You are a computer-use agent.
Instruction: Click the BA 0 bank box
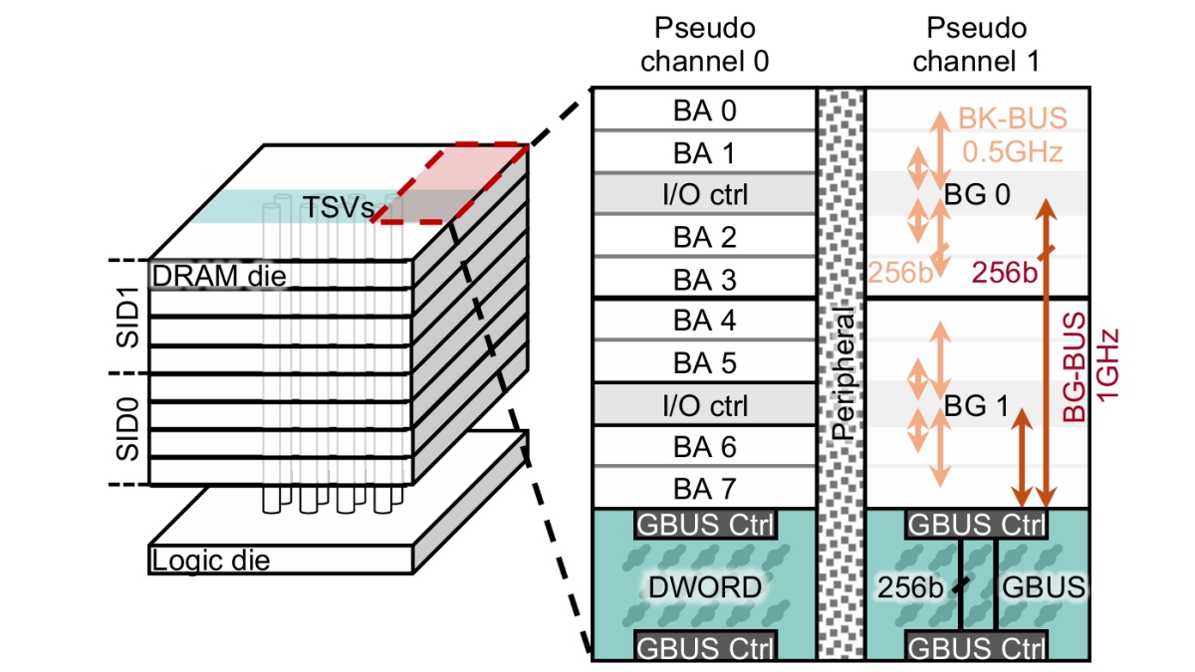pos(703,110)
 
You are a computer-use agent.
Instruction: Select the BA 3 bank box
pos(703,280)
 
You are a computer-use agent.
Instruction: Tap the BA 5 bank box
pos(703,363)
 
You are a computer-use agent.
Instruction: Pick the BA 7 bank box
pos(703,489)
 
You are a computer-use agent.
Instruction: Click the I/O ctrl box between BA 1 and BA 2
pos(703,195)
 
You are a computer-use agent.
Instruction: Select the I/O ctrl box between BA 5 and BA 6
pos(703,406)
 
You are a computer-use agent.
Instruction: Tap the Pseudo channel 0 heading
pos(704,45)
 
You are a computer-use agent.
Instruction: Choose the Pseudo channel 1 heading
pos(976,45)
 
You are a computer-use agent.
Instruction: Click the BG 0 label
pos(976,195)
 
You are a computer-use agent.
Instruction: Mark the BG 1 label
pos(976,406)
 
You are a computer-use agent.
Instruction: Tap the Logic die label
pos(210,560)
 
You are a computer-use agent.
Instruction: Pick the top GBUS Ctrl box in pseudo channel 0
pos(703,523)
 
